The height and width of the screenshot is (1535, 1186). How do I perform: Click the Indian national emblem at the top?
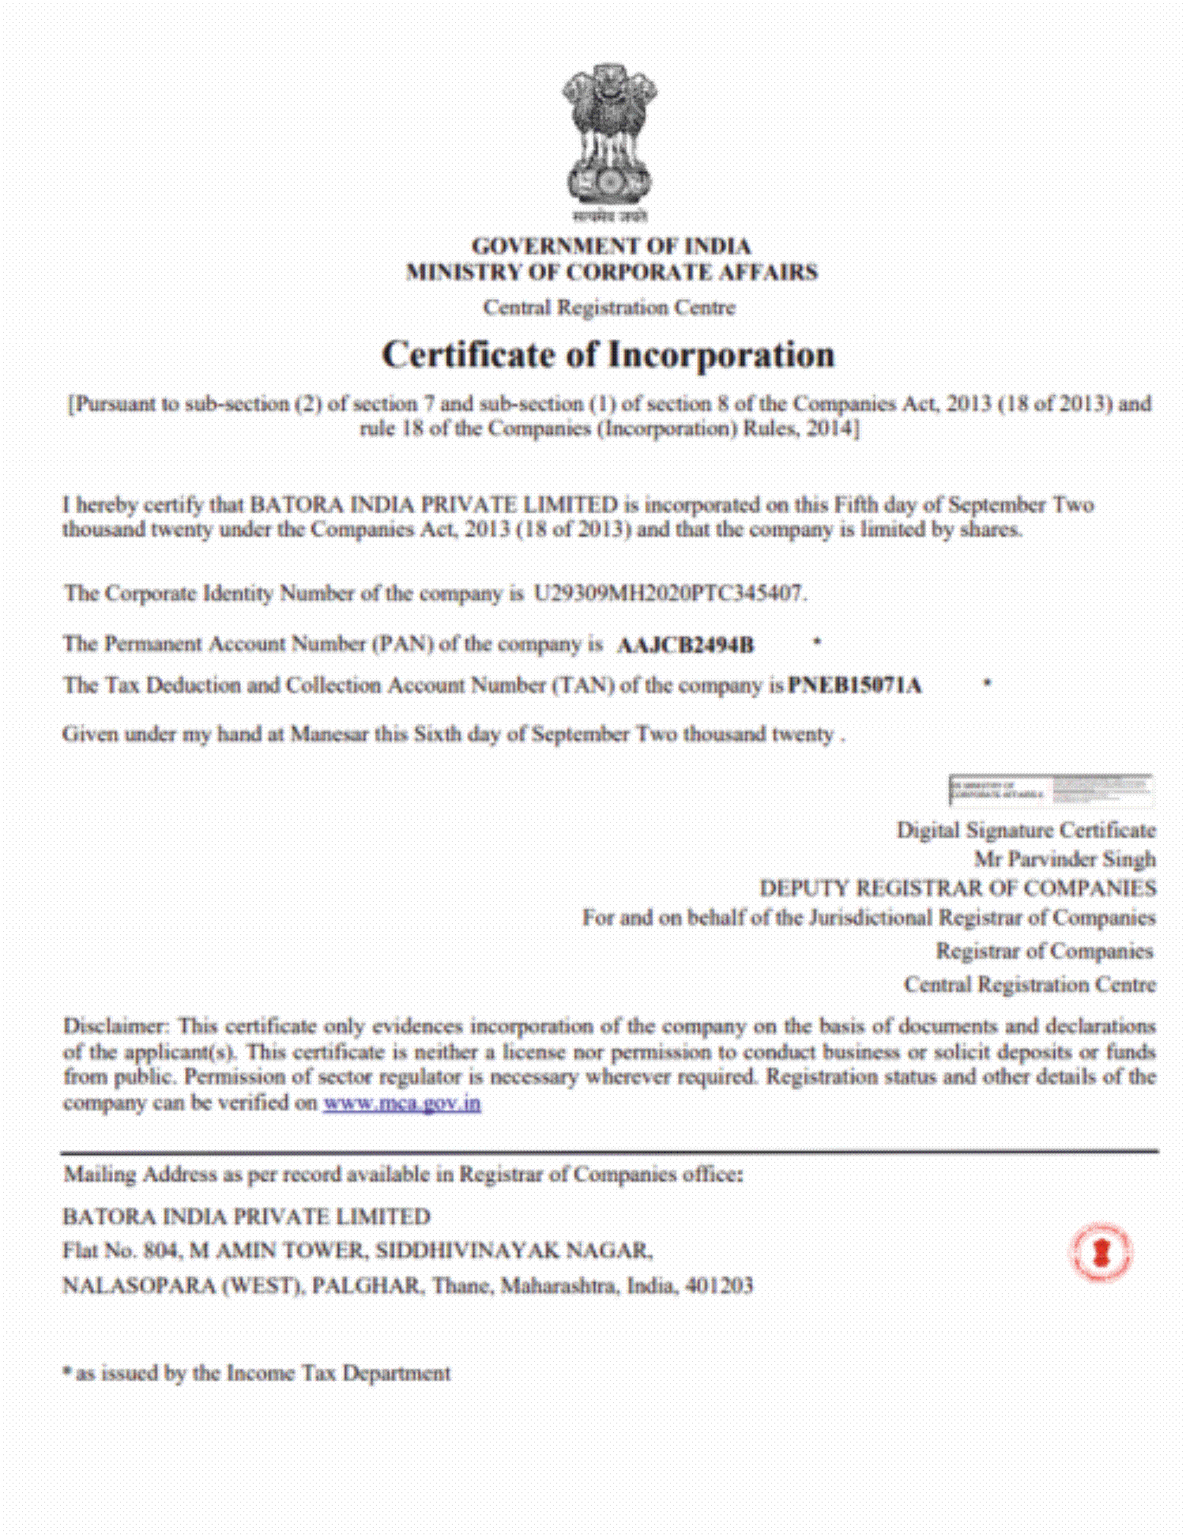(x=608, y=138)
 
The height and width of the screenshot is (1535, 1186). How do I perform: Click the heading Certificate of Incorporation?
(x=608, y=354)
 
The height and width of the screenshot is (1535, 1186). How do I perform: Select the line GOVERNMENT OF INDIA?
(x=611, y=246)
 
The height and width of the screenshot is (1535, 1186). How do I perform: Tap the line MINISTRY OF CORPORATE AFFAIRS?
(x=612, y=272)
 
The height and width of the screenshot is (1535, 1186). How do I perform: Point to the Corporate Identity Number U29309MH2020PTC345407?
(x=668, y=593)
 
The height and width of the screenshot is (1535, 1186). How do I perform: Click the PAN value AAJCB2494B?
(x=684, y=645)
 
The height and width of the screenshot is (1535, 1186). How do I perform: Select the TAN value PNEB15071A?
(x=855, y=685)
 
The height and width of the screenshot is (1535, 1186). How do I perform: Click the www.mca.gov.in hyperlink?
(x=401, y=1103)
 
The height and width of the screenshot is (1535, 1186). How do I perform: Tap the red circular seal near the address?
(x=1101, y=1252)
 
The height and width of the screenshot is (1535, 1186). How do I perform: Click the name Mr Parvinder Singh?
(x=1064, y=858)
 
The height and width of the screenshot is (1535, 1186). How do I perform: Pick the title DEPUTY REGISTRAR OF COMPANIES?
(x=958, y=888)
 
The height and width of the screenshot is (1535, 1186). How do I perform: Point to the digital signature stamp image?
(x=1050, y=789)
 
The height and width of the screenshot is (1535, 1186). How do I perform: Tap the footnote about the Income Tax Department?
(x=257, y=1373)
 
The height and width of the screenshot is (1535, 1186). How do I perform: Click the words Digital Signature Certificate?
(x=1026, y=830)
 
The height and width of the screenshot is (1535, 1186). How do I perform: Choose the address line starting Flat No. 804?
(x=357, y=1251)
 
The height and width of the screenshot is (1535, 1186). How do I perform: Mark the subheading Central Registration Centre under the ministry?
(x=609, y=307)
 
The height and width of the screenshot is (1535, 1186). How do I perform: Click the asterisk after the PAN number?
(x=817, y=642)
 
